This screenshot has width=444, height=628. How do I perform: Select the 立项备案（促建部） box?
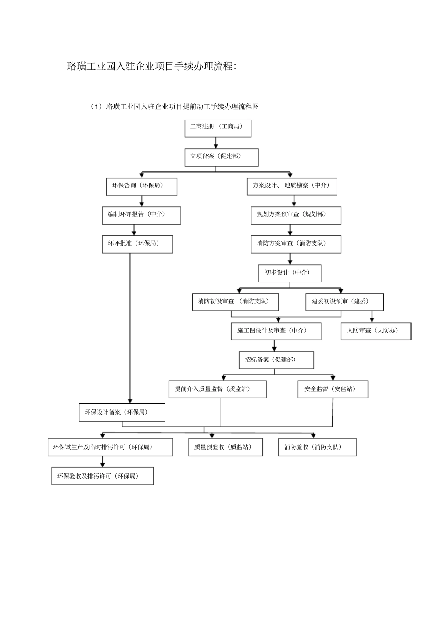pyautogui.click(x=222, y=157)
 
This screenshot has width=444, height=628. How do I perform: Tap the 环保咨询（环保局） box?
pyautogui.click(x=142, y=186)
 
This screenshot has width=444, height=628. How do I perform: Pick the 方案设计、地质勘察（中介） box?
pyautogui.click(x=292, y=186)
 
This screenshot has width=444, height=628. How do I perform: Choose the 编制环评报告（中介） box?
pyautogui.click(x=142, y=215)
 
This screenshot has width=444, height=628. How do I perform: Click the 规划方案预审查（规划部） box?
pyautogui.click(x=296, y=215)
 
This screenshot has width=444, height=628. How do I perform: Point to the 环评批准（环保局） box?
pyautogui.click(x=137, y=244)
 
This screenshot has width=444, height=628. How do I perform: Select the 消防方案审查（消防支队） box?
pyautogui.click(x=296, y=244)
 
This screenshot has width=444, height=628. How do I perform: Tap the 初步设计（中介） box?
pyautogui.click(x=290, y=273)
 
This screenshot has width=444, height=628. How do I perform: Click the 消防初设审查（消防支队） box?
pyautogui.click(x=236, y=302)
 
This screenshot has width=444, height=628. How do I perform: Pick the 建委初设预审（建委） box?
pyautogui.click(x=344, y=302)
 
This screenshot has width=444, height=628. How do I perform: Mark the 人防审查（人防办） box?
pyautogui.click(x=376, y=331)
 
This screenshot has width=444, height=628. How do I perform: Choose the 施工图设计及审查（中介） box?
pyautogui.click(x=276, y=331)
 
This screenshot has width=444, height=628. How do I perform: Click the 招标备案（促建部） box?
pyautogui.click(x=276, y=360)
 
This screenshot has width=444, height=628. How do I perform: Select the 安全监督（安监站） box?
pyautogui.click(x=333, y=389)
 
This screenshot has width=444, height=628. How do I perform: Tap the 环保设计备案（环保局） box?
pyautogui.click(x=122, y=413)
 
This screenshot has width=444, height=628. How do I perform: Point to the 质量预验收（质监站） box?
pyautogui.click(x=225, y=447)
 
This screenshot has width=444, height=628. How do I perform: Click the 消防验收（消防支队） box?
pyautogui.click(x=317, y=447)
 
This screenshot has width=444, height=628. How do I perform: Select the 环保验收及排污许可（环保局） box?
pyautogui.click(x=102, y=477)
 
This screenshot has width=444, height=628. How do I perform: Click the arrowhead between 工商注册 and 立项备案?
pyautogui.click(x=216, y=146)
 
